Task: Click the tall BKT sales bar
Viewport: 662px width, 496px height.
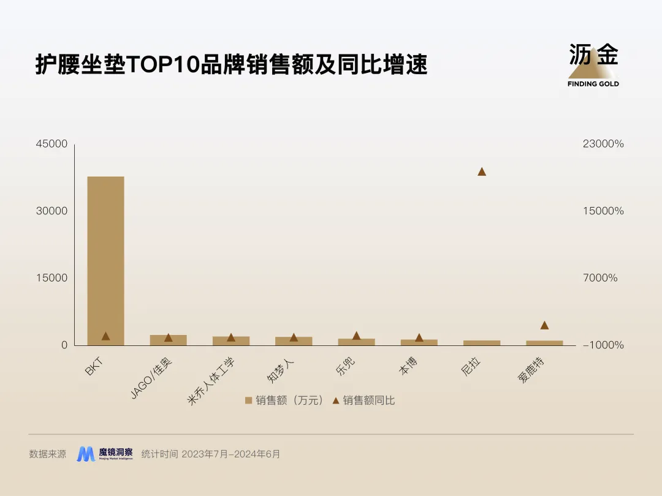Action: pos(105,260)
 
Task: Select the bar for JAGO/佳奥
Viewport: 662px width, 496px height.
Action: pos(168,340)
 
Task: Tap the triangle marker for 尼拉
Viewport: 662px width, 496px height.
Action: pos(482,171)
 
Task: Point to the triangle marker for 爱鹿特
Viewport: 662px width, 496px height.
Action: pos(544,325)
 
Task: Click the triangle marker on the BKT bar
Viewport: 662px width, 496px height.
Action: pos(105,336)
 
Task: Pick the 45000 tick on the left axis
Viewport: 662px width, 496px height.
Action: pos(52,144)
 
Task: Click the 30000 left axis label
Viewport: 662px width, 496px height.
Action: pos(52,211)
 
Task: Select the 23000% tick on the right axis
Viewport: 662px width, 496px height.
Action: pos(603,144)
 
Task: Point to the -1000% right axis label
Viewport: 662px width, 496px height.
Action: pos(603,345)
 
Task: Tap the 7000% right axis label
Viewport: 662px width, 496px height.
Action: pos(600,278)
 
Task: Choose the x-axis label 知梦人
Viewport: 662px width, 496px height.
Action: pos(281,371)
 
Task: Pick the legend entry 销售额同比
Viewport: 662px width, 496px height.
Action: pos(364,400)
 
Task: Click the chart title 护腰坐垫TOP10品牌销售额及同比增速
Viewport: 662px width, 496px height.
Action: pos(231,64)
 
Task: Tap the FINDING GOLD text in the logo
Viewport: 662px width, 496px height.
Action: pos(593,84)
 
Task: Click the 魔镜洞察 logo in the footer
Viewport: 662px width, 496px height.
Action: pos(105,454)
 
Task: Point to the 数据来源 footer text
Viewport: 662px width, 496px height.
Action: pos(48,454)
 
